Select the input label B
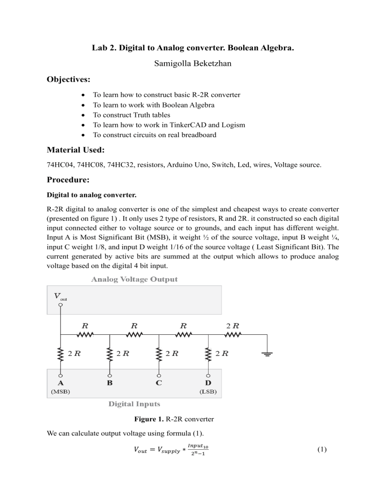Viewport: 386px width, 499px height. coord(110,382)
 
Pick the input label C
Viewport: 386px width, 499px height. coord(159,382)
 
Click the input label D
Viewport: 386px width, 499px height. coord(208,382)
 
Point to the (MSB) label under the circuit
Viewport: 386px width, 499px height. coord(60,392)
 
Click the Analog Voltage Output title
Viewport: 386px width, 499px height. coord(134,279)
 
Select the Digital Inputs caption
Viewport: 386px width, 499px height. coord(134,403)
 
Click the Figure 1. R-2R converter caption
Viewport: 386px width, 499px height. coord(193,419)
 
